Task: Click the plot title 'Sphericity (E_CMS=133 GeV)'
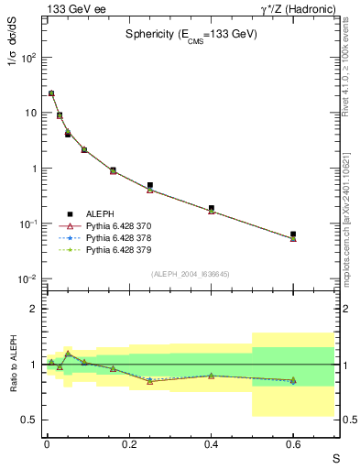point(191,34)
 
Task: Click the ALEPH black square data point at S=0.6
point(293,234)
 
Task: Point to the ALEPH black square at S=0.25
point(149,185)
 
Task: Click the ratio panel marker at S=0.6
point(293,380)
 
